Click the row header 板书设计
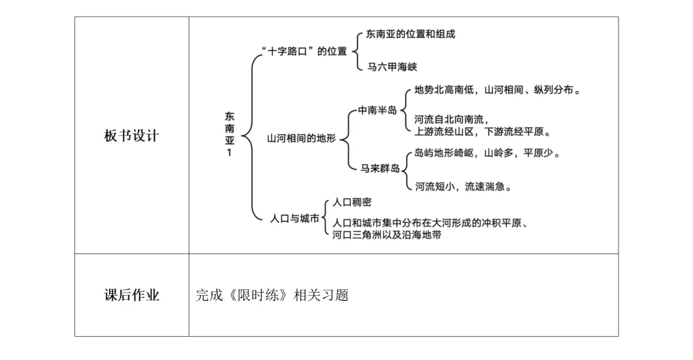(x=131, y=136)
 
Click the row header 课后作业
(x=131, y=295)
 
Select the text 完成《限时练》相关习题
(x=271, y=296)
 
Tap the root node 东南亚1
(x=229, y=135)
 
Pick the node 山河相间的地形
(x=302, y=139)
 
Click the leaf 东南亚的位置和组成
(x=410, y=34)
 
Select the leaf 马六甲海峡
(x=392, y=67)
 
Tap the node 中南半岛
(x=377, y=110)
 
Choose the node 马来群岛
(x=379, y=168)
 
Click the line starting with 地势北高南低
(x=497, y=90)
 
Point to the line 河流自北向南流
(x=452, y=119)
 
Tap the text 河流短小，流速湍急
(x=463, y=187)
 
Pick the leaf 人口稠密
(x=352, y=202)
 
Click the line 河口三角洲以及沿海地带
(x=386, y=235)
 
